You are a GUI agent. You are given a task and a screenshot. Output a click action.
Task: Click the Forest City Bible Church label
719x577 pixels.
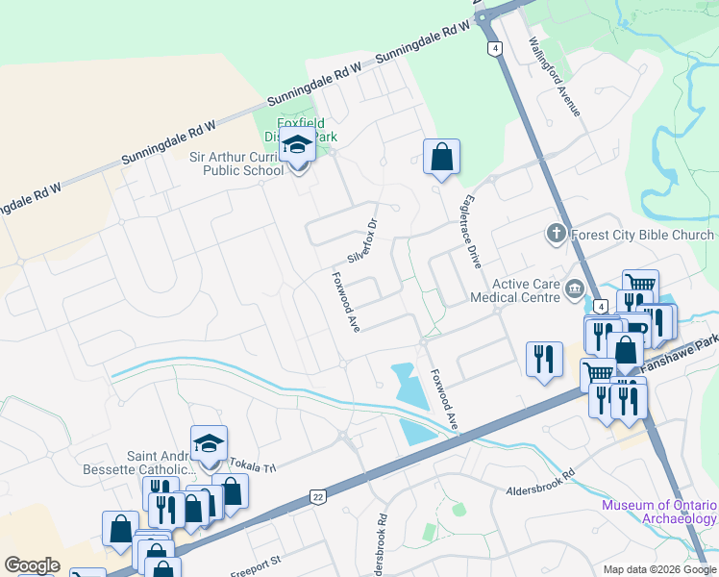[x=642, y=235]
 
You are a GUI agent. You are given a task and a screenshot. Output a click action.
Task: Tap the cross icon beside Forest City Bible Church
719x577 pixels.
[x=556, y=234]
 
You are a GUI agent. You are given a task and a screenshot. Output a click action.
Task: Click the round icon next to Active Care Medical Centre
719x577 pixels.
[x=575, y=287]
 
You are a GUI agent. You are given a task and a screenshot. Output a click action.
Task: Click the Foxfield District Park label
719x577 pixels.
[x=306, y=130]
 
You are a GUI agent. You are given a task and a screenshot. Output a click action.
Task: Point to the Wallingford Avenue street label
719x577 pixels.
[x=556, y=77]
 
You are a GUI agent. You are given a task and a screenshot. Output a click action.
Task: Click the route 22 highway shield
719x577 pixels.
[x=317, y=496]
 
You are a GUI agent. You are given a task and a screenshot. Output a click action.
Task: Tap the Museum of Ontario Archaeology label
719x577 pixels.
[x=659, y=512]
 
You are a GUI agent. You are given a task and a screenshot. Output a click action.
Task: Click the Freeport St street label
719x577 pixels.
[x=254, y=559]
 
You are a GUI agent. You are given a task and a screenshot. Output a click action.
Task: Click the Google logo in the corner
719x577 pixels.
[x=32, y=565]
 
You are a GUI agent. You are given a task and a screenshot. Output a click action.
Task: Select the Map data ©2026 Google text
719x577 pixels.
[x=658, y=569]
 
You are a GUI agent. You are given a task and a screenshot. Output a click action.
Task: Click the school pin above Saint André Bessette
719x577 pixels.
[x=209, y=444]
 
